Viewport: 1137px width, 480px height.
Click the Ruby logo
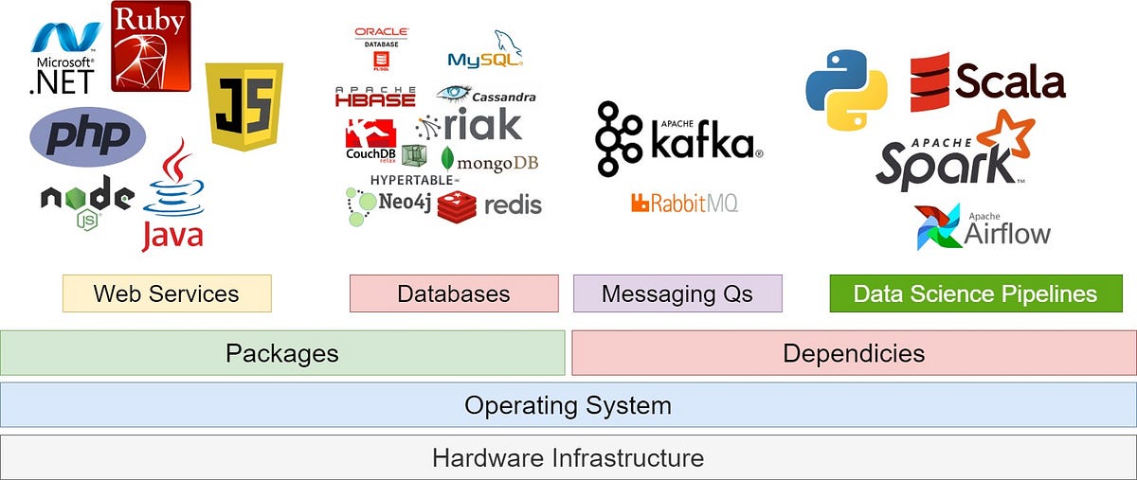point(151,46)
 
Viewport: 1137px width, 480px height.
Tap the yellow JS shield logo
point(244,106)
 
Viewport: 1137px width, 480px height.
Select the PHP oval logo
point(88,136)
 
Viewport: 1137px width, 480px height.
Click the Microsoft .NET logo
point(64,59)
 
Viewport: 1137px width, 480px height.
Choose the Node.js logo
point(86,202)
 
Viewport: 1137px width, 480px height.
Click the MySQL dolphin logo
point(485,51)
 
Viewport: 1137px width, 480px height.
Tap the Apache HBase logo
point(375,96)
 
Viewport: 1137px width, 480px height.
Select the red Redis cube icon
point(457,205)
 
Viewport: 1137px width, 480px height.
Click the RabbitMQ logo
point(683,203)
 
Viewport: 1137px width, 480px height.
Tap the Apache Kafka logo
point(677,139)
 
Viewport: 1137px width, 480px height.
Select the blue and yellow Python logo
point(846,91)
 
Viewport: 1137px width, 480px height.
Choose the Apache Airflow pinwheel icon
point(938,228)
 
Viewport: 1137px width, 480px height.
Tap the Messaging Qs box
point(677,293)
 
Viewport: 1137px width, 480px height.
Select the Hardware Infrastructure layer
point(568,458)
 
